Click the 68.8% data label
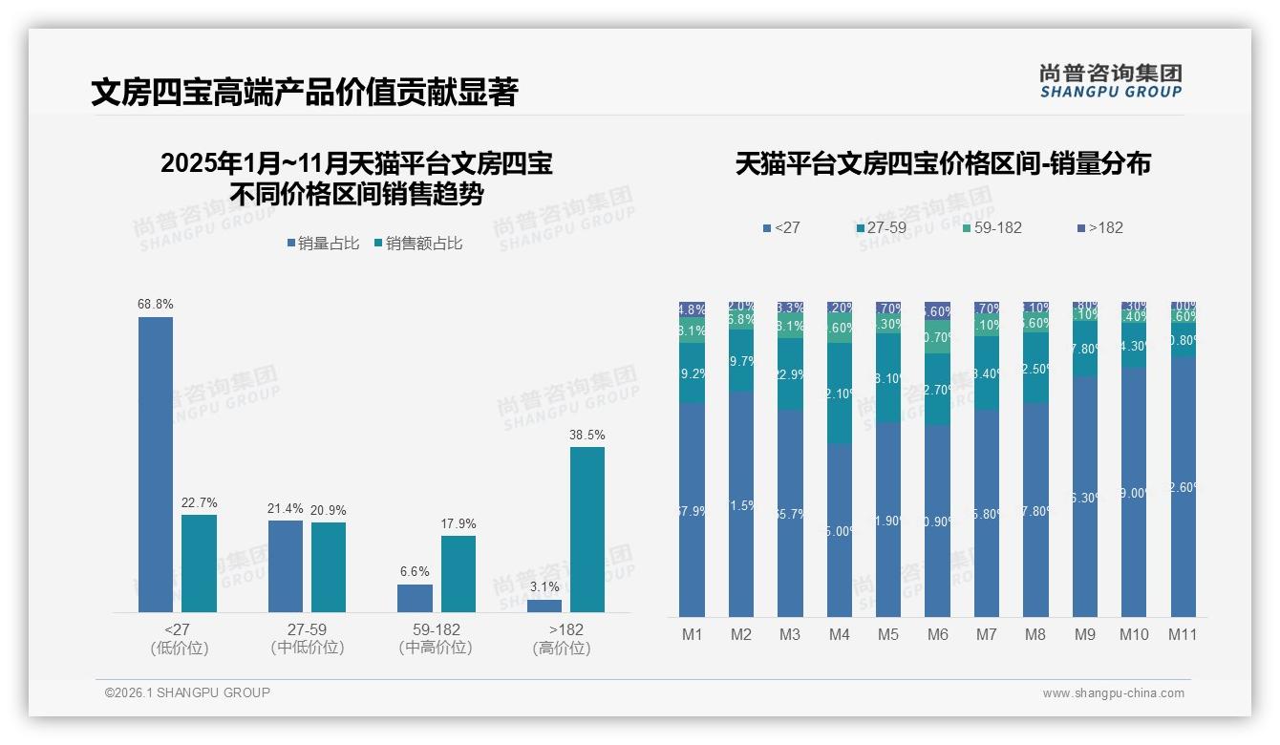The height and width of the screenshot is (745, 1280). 156,304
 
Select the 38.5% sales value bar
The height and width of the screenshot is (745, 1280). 587,529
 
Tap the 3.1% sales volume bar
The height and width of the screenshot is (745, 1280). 544,606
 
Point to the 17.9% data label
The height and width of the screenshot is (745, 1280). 459,523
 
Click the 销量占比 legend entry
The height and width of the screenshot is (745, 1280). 323,244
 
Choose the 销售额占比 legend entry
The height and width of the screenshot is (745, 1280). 417,244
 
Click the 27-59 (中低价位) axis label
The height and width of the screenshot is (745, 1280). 308,639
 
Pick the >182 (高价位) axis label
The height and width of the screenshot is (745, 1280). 565,639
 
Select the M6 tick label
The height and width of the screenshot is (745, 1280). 938,634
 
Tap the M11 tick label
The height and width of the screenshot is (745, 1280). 1183,634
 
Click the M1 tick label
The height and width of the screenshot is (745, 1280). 693,634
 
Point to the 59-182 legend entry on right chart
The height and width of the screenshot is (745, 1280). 991,227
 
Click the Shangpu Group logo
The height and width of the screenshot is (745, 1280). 1110,81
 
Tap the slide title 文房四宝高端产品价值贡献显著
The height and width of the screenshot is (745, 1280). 304,92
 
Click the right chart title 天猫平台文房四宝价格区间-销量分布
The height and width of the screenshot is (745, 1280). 942,163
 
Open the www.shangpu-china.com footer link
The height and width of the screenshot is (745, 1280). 1113,693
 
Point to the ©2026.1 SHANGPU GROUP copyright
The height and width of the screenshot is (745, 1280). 187,692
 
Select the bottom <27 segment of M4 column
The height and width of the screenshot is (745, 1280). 840,530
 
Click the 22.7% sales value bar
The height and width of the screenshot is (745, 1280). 199,564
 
